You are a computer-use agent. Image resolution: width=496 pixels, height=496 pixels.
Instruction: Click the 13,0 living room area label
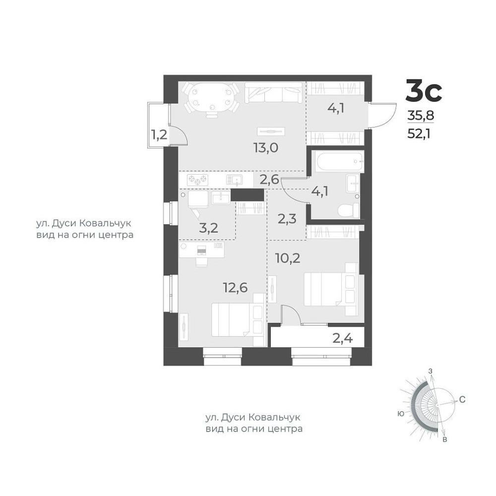(x=266, y=147)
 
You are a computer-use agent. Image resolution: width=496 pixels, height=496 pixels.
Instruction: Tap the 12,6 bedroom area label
(x=235, y=288)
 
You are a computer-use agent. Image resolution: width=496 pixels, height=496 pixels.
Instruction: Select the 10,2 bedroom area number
(x=288, y=258)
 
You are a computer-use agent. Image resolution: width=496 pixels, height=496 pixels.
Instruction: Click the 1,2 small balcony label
(x=159, y=135)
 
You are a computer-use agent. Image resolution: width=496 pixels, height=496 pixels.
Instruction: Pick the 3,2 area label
(x=208, y=228)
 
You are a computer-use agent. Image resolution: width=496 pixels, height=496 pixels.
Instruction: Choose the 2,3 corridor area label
(x=287, y=218)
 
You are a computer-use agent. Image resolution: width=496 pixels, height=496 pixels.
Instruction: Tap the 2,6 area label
(x=269, y=180)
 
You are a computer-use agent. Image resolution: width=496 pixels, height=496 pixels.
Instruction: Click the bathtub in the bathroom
(x=339, y=161)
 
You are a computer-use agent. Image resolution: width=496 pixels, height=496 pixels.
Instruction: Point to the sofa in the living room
(x=274, y=92)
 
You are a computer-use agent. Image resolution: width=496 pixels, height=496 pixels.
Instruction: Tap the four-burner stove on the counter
(x=198, y=180)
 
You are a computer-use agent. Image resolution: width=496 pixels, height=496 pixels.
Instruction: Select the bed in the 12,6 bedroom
(x=238, y=319)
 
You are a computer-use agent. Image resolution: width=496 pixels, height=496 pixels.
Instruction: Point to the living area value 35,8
(x=421, y=116)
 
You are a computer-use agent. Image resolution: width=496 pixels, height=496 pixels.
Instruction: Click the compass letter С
(x=462, y=400)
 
